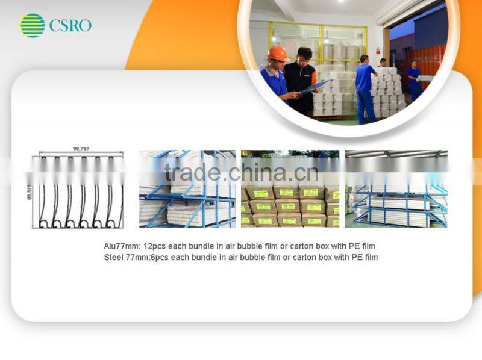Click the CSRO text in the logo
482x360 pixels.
point(70,25)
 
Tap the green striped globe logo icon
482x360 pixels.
point(32,25)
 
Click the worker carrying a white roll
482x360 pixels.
point(415,81)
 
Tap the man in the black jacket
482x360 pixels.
point(301,78)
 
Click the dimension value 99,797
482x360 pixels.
point(80,148)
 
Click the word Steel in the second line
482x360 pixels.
point(113,258)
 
